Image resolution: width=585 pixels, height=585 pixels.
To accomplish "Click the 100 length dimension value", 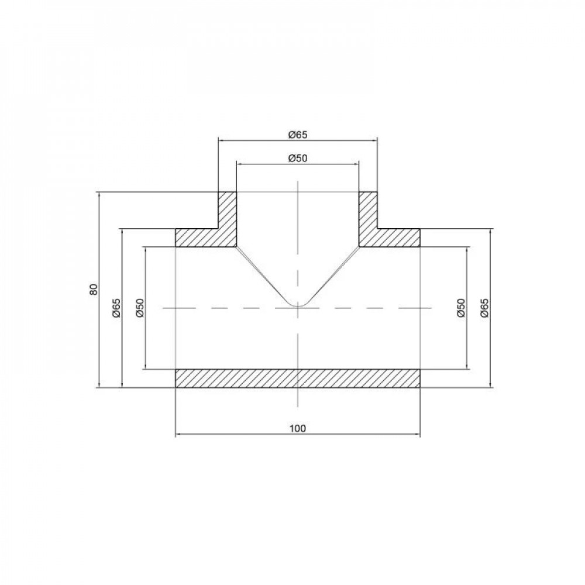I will click(298, 428).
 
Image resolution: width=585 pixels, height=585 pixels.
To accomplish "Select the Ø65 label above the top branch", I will click(298, 135).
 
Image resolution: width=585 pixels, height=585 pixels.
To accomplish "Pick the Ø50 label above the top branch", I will click(298, 157).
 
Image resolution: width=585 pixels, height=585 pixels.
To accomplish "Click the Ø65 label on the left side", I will click(116, 308).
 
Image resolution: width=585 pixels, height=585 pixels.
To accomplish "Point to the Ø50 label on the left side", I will click(139, 308).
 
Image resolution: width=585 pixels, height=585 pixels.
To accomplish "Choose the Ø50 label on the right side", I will click(461, 308).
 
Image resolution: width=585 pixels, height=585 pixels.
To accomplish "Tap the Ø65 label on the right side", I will click(484, 308).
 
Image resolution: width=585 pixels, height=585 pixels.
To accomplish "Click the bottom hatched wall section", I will click(298, 378).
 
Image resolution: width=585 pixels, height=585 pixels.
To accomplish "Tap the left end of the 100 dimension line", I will click(177, 434).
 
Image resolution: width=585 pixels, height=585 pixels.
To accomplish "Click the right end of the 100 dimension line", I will click(419, 434).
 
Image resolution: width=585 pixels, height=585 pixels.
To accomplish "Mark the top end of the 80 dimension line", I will click(100, 193).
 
